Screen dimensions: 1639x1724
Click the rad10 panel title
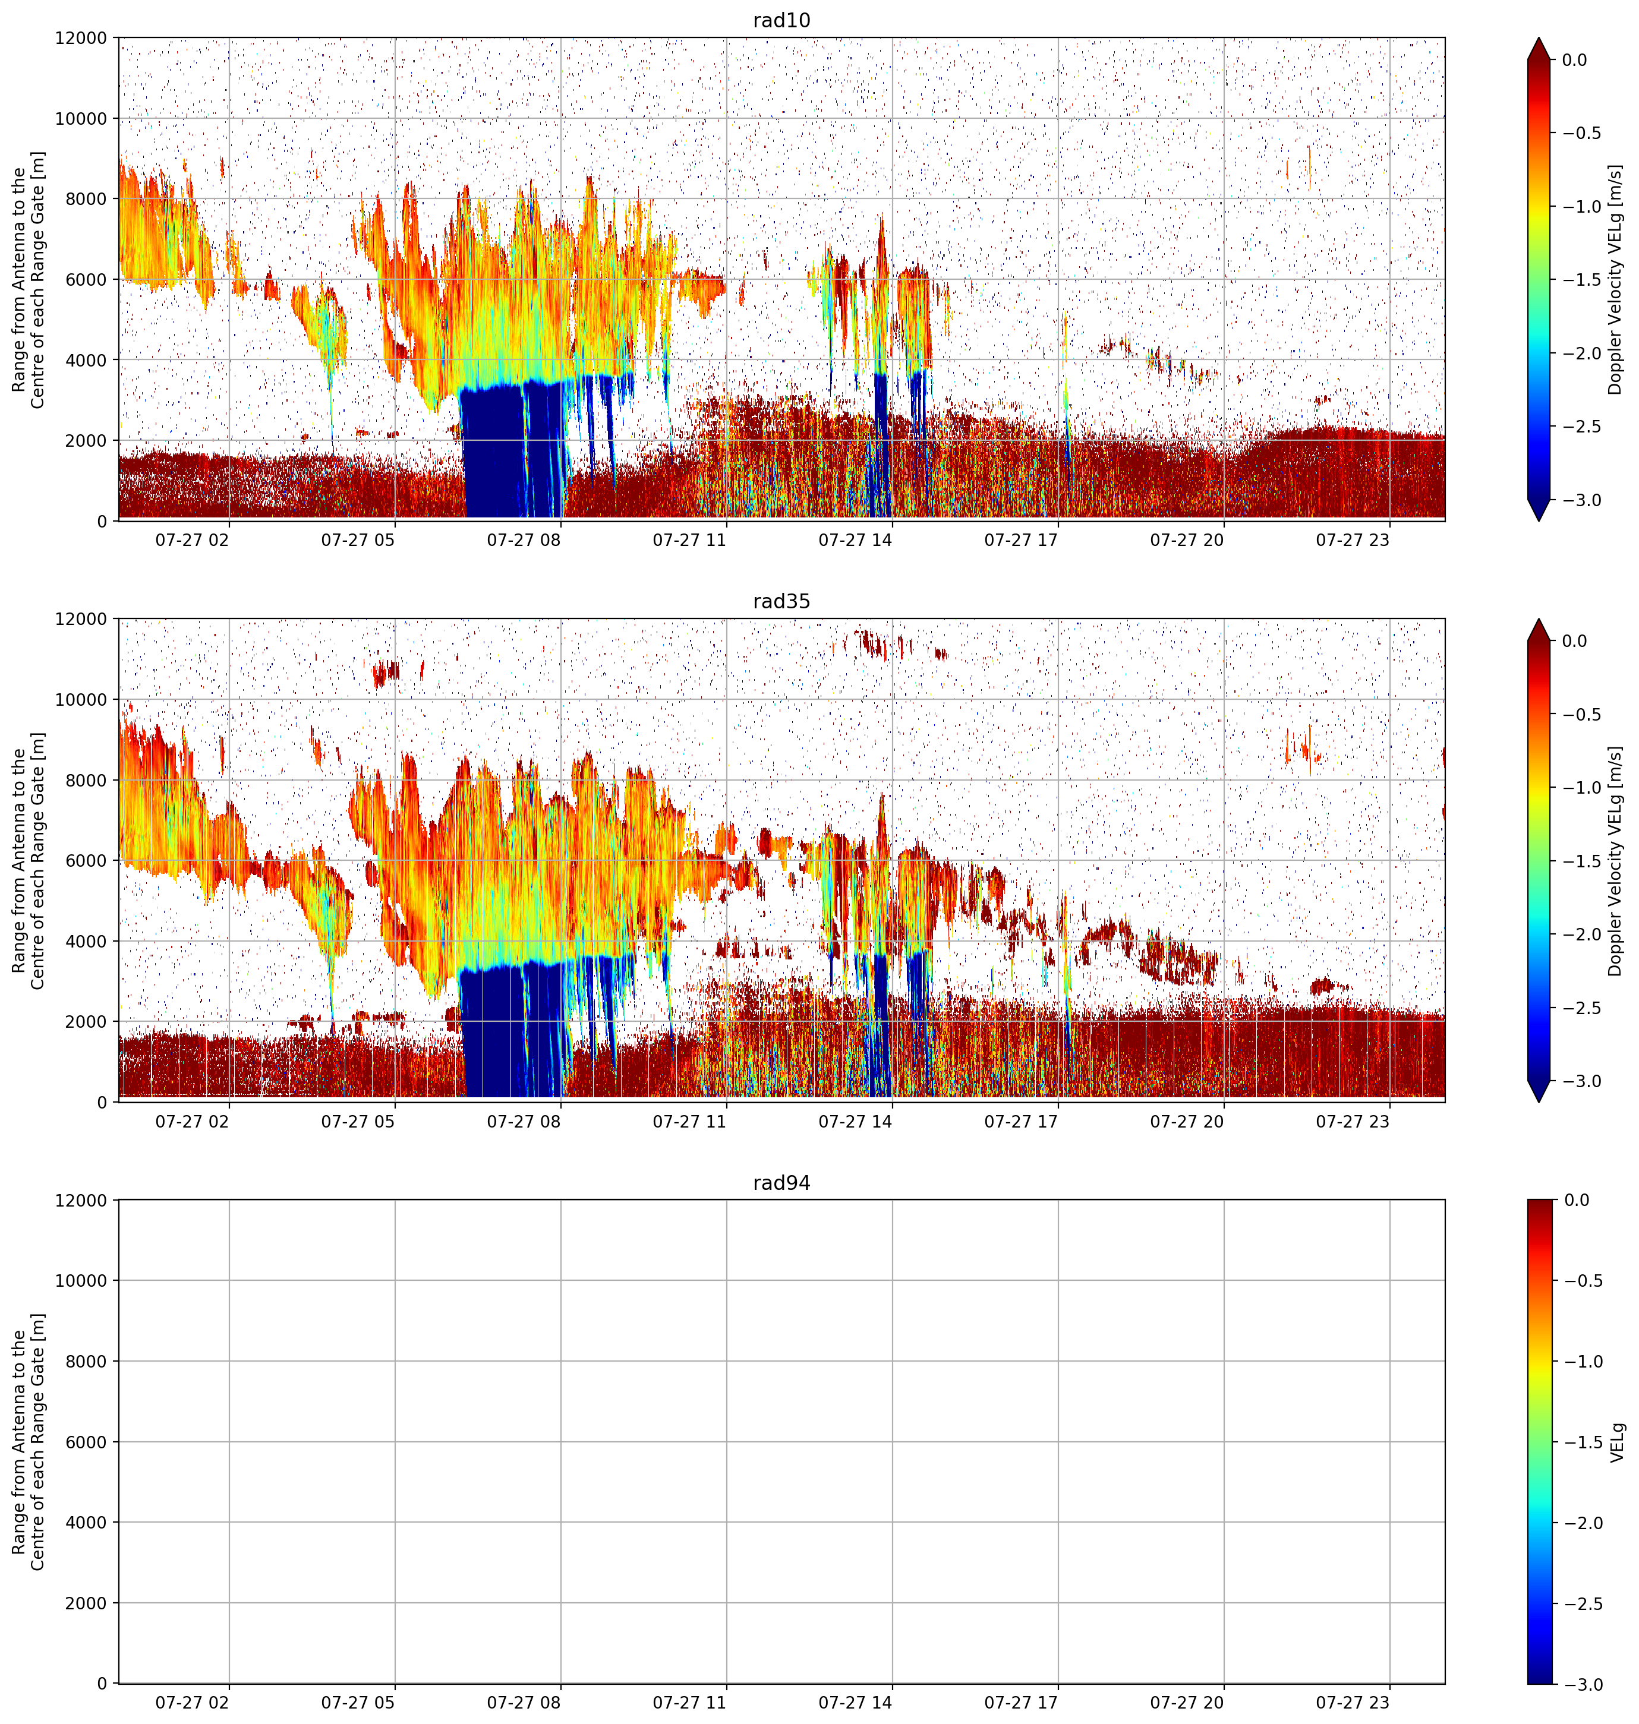[x=781, y=20]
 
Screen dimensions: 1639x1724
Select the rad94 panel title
[x=781, y=1183]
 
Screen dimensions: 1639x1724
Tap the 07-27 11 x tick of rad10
[x=689, y=540]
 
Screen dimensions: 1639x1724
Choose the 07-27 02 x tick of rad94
[x=192, y=1702]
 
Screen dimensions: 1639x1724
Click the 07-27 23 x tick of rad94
[x=1353, y=1702]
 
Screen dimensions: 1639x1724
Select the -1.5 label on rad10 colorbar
[x=1582, y=279]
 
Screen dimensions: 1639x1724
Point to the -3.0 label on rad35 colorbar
[x=1582, y=1081]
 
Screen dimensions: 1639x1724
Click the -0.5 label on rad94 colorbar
[x=1582, y=1280]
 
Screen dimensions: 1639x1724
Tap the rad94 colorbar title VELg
[x=1617, y=1442]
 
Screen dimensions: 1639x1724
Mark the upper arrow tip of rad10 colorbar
[x=1539, y=37]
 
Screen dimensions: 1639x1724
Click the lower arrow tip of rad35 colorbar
[x=1539, y=1102]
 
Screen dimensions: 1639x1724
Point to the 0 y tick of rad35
[x=102, y=1101]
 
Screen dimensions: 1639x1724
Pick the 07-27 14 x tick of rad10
[x=855, y=540]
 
